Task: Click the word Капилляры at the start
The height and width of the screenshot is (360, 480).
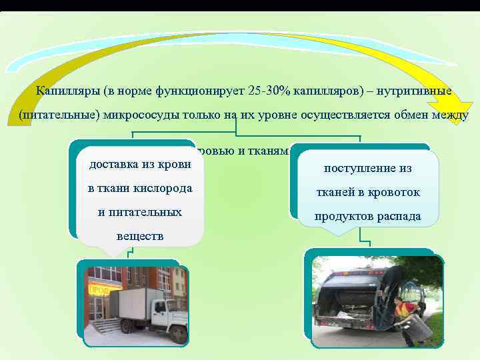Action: click(x=63, y=91)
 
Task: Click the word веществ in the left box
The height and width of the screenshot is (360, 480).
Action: click(x=139, y=237)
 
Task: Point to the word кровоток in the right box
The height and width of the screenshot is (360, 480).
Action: click(x=394, y=193)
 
